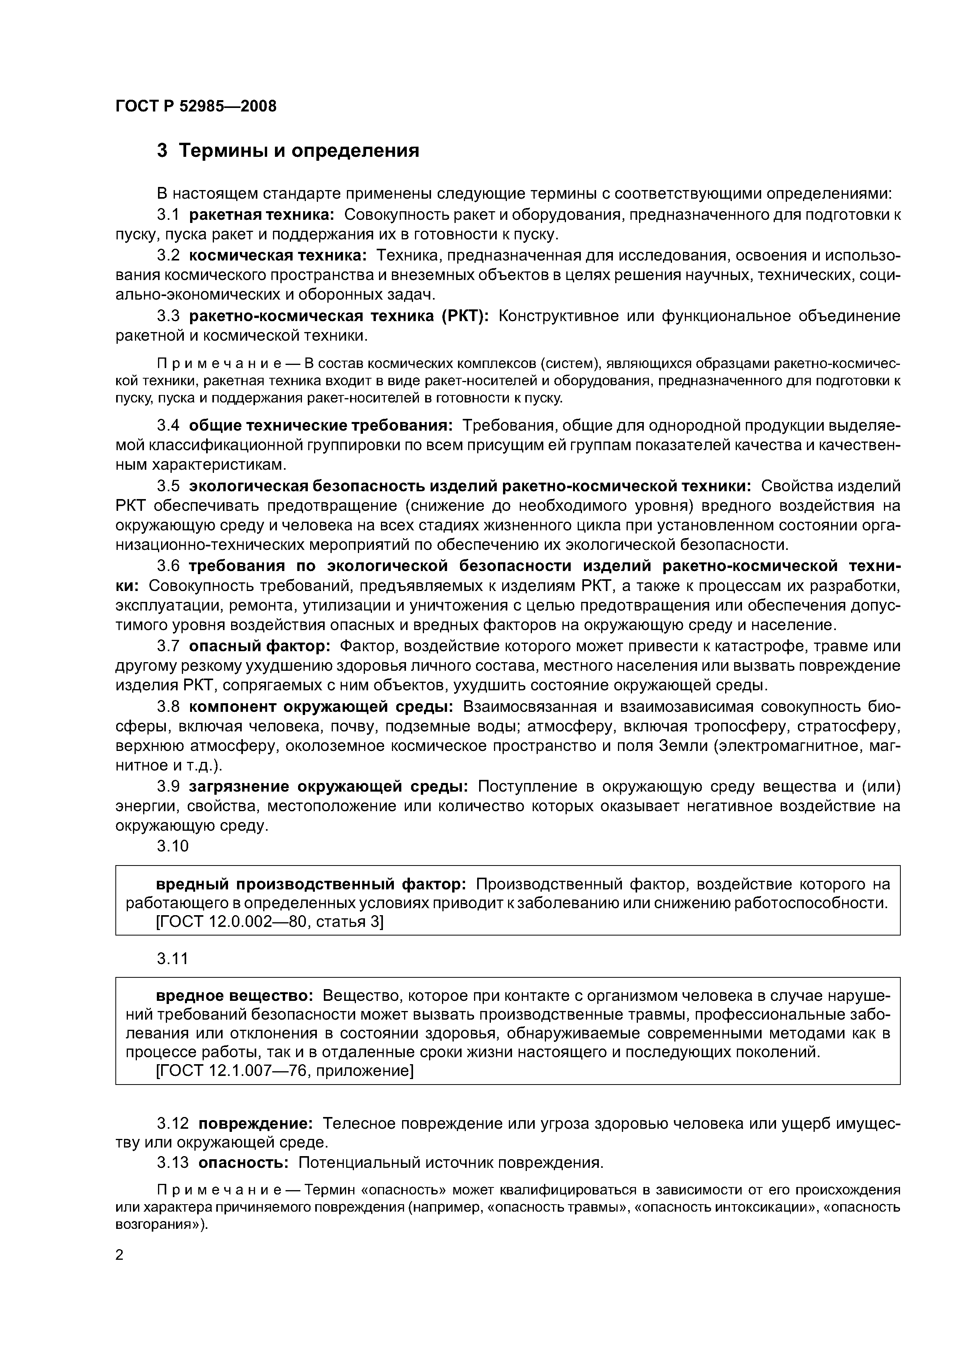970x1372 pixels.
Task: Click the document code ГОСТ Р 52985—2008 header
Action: (x=196, y=106)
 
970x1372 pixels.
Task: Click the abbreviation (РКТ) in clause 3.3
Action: (x=465, y=316)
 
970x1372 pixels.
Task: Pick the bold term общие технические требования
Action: (x=321, y=425)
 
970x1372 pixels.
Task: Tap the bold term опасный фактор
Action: (x=259, y=646)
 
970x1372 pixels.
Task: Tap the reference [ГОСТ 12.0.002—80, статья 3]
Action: (x=269, y=922)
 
